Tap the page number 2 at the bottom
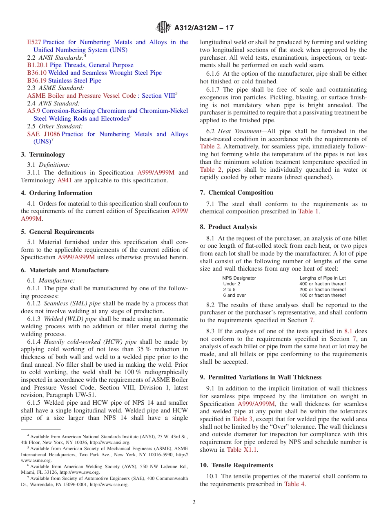[194, 502]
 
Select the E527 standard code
[34, 42]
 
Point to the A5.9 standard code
[33, 111]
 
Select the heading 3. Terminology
[43, 155]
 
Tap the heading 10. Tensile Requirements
[236, 465]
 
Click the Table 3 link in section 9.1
[243, 419]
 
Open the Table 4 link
[294, 484]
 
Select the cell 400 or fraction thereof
[322, 284]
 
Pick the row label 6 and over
[234, 295]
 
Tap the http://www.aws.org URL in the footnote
[78, 472]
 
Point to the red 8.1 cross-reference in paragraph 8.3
[349, 332]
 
